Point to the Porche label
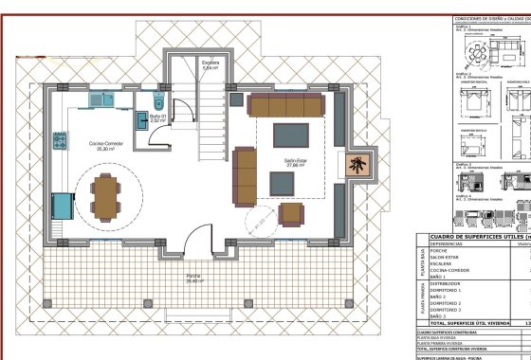point(193,278)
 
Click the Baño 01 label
point(158,118)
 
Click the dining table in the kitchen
point(105,195)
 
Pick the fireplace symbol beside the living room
point(359,166)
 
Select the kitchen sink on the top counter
point(98,98)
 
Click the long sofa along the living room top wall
point(286,104)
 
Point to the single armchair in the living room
point(292,214)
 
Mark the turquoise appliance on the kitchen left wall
point(62,206)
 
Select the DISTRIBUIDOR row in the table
point(446,282)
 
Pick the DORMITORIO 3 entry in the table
point(448,310)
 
